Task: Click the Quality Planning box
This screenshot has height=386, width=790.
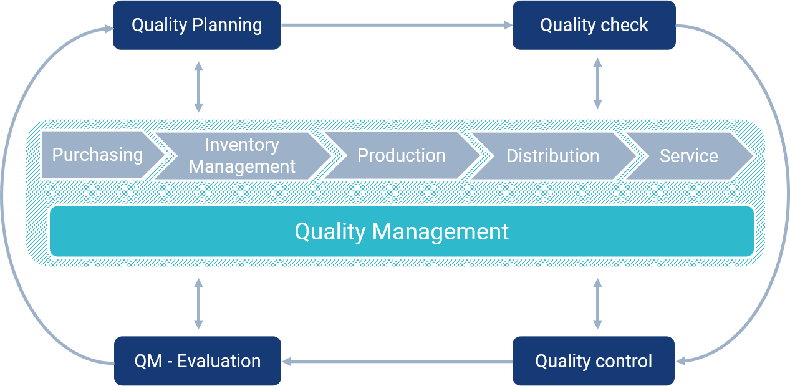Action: pyautogui.click(x=196, y=25)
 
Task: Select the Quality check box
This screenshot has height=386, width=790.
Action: pyautogui.click(x=594, y=25)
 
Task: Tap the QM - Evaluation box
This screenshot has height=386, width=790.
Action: pyautogui.click(x=197, y=361)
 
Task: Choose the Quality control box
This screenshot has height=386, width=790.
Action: pyautogui.click(x=594, y=361)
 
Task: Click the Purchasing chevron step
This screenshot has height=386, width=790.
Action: pyautogui.click(x=97, y=155)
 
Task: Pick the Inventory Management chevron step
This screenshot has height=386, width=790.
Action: pyautogui.click(x=242, y=155)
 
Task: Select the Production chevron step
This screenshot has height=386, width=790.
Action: pyautogui.click(x=401, y=155)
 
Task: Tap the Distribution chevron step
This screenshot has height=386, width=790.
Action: pyautogui.click(x=552, y=155)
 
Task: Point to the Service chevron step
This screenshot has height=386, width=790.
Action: pyautogui.click(x=688, y=155)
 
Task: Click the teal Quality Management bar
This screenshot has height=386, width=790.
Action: pyautogui.click(x=402, y=231)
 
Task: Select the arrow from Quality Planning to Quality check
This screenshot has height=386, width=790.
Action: pyautogui.click(x=397, y=25)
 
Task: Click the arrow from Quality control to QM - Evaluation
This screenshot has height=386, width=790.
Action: pyautogui.click(x=397, y=361)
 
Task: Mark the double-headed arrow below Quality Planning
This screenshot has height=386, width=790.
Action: pyautogui.click(x=198, y=87)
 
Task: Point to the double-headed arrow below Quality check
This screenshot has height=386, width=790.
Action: pyautogui.click(x=597, y=84)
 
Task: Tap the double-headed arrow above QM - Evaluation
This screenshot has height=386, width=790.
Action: pyautogui.click(x=198, y=304)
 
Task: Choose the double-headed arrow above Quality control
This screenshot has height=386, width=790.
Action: pyautogui.click(x=597, y=304)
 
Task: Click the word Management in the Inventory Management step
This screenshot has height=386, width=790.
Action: pyautogui.click(x=242, y=166)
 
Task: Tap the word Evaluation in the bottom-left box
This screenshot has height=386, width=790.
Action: pyautogui.click(x=219, y=361)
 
